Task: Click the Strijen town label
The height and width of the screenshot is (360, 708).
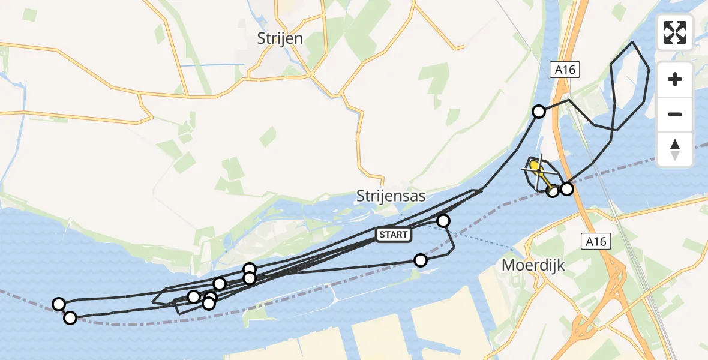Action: tap(280, 38)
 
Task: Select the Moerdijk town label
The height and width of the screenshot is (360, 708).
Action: tap(533, 265)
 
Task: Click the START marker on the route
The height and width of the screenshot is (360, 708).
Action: tap(394, 235)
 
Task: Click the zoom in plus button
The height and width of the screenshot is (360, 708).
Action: tap(675, 80)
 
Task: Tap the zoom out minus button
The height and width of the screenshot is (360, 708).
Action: tap(675, 114)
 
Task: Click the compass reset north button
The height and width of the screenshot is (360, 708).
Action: tap(675, 149)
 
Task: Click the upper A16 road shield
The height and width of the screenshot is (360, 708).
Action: tap(565, 70)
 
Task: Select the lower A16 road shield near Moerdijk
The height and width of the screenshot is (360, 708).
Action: tap(596, 242)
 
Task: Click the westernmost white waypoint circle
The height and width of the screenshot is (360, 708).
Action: tap(59, 304)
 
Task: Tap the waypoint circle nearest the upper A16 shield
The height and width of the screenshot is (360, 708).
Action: tap(539, 112)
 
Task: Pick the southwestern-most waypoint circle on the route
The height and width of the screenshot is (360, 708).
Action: tap(70, 318)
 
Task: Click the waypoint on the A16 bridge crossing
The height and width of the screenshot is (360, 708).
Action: tap(566, 189)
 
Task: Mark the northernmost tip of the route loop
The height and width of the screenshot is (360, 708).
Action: tap(633, 43)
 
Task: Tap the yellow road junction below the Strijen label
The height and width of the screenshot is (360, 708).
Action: tap(311, 74)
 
